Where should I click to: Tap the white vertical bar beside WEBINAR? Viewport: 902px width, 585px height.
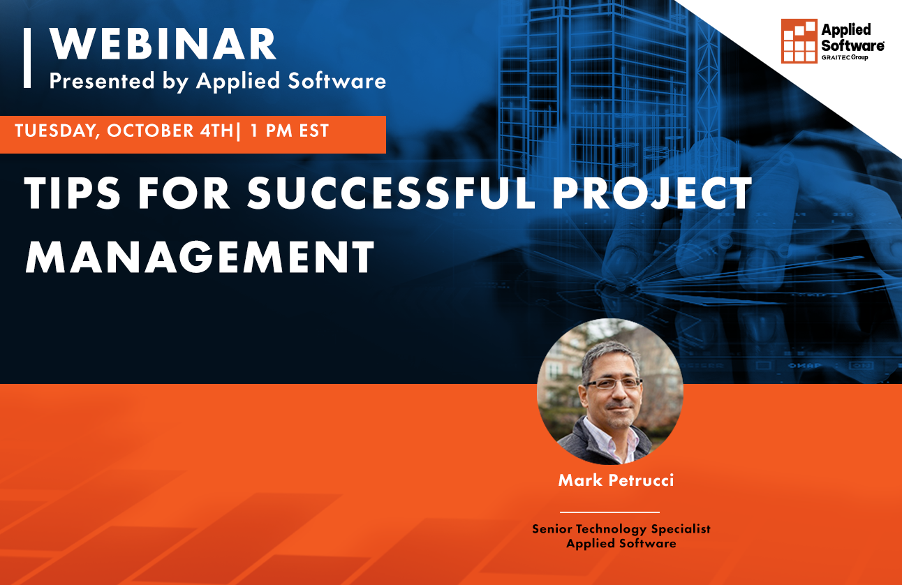coord(27,58)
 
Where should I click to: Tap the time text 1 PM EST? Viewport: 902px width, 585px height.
coord(288,131)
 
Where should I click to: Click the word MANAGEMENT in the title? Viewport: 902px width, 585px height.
coord(200,257)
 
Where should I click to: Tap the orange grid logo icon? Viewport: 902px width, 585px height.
coord(799,41)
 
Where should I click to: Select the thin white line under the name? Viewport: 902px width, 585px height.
coord(609,512)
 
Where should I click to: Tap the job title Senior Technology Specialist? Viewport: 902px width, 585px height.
coord(621,528)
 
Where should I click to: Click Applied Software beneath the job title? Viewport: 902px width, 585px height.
coord(621,543)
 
